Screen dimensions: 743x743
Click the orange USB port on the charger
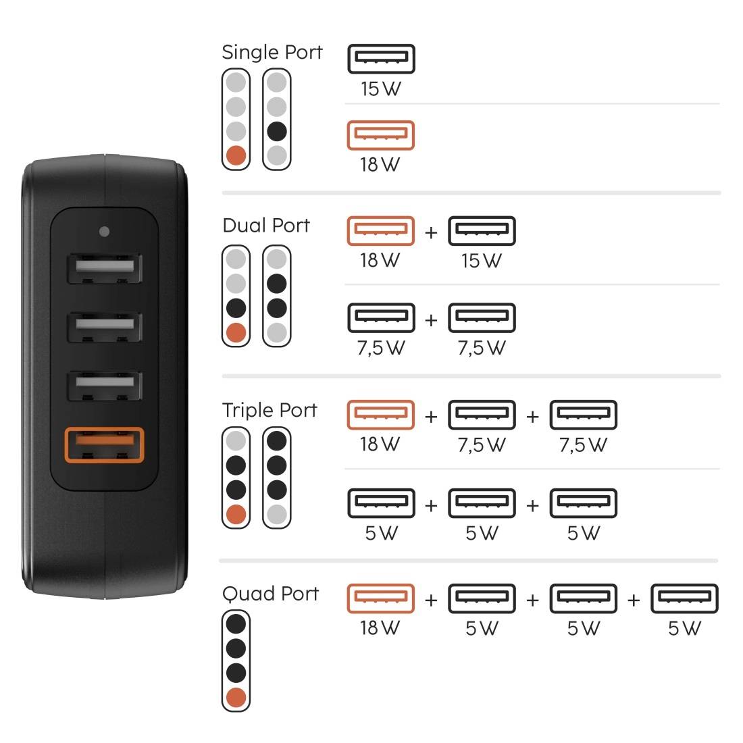click(x=103, y=445)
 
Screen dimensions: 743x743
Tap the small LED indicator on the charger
click(x=103, y=232)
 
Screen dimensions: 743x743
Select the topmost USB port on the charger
click(x=103, y=269)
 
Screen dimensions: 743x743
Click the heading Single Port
click(x=272, y=52)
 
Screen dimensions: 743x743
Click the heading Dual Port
click(x=266, y=225)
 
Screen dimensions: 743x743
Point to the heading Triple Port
click(x=270, y=410)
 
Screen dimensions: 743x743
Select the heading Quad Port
click(x=270, y=594)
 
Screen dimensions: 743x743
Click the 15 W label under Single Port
click(x=380, y=88)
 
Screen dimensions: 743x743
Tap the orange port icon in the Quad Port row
click(x=380, y=598)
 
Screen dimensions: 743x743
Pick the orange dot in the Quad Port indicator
click(x=236, y=697)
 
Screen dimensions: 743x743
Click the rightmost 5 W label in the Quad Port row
click(x=684, y=629)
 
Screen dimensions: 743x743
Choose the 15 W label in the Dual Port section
click(x=482, y=261)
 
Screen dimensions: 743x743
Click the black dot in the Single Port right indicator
click(x=277, y=132)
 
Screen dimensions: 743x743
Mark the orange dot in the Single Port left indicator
click(x=236, y=156)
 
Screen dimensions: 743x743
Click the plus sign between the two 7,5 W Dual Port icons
click(x=431, y=319)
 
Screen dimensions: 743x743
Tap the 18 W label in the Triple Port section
click(x=380, y=444)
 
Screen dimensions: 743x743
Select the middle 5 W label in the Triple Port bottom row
click(x=482, y=534)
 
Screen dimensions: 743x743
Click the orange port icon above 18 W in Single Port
click(x=380, y=135)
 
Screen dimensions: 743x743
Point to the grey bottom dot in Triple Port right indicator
click(x=277, y=515)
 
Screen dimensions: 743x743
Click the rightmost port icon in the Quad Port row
click(x=684, y=598)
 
